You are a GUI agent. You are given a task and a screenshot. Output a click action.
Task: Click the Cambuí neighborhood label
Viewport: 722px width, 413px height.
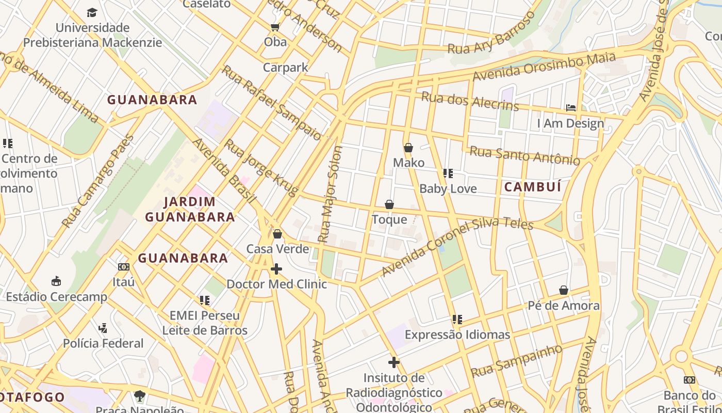pyautogui.click(x=532, y=187)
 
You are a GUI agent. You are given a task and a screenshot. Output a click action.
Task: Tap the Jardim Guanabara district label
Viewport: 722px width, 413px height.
pyautogui.click(x=190, y=209)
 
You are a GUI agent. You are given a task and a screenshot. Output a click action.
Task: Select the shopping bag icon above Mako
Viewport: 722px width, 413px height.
pyautogui.click(x=408, y=148)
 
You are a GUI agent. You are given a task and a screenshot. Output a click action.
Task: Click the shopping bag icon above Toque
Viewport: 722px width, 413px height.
pyautogui.click(x=389, y=205)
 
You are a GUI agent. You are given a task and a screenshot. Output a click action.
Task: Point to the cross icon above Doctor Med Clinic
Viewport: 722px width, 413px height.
pyautogui.click(x=276, y=269)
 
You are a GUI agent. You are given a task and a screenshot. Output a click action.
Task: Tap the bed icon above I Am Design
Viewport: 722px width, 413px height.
pyautogui.click(x=570, y=108)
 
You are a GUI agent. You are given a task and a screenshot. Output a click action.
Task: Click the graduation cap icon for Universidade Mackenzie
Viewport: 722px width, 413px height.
pyautogui.click(x=92, y=12)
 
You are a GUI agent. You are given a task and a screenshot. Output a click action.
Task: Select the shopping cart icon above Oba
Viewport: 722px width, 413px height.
pyautogui.click(x=275, y=27)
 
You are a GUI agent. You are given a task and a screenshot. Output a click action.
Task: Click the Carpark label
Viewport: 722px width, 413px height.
pyautogui.click(x=285, y=67)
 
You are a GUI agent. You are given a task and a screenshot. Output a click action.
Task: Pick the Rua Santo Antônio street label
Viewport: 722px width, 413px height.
pyautogui.click(x=524, y=155)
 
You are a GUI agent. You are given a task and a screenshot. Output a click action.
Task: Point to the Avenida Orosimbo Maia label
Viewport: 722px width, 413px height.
pyautogui.click(x=544, y=67)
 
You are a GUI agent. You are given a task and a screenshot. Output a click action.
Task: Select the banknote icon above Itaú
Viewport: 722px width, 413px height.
pyautogui.click(x=123, y=267)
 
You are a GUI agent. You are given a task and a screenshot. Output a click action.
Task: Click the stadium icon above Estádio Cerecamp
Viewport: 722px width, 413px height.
pyautogui.click(x=56, y=281)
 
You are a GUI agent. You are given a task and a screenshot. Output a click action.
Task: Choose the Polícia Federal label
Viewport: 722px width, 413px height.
pyautogui.click(x=103, y=343)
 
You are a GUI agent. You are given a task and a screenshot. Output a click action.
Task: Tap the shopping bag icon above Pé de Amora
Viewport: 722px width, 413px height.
pyautogui.click(x=564, y=291)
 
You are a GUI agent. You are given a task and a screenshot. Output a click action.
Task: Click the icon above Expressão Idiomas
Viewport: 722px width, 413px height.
pyautogui.click(x=457, y=320)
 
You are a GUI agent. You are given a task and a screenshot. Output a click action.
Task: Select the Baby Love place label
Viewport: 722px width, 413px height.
pyautogui.click(x=448, y=188)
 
